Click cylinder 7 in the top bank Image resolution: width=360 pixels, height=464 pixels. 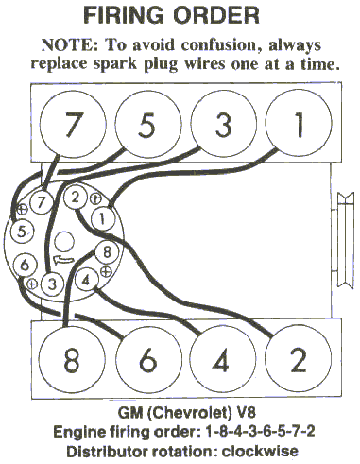(72, 124)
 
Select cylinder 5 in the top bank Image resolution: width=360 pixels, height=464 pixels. (148, 124)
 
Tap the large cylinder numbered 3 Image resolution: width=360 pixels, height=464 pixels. (224, 124)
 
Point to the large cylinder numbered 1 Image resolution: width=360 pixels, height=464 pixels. (299, 123)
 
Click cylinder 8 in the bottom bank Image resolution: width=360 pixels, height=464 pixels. (72, 359)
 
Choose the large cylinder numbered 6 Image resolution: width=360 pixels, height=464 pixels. (149, 359)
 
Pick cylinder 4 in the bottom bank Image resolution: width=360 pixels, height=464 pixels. (223, 359)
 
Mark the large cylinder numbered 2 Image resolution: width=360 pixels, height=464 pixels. (298, 359)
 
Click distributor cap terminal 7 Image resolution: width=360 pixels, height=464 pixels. (42, 202)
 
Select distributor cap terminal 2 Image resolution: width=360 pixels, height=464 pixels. (75, 198)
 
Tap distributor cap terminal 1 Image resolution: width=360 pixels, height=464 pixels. (103, 219)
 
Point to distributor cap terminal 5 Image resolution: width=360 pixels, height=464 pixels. (22, 232)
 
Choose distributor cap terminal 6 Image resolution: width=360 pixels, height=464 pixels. (26, 265)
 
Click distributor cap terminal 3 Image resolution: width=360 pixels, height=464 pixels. (52, 284)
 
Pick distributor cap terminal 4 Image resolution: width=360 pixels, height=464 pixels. (86, 280)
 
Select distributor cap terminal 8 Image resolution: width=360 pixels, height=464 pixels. (107, 252)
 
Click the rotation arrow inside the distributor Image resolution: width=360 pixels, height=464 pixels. (64, 260)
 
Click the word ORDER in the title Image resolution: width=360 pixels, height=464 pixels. (216, 16)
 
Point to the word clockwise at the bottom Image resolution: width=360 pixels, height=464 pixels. (260, 451)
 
